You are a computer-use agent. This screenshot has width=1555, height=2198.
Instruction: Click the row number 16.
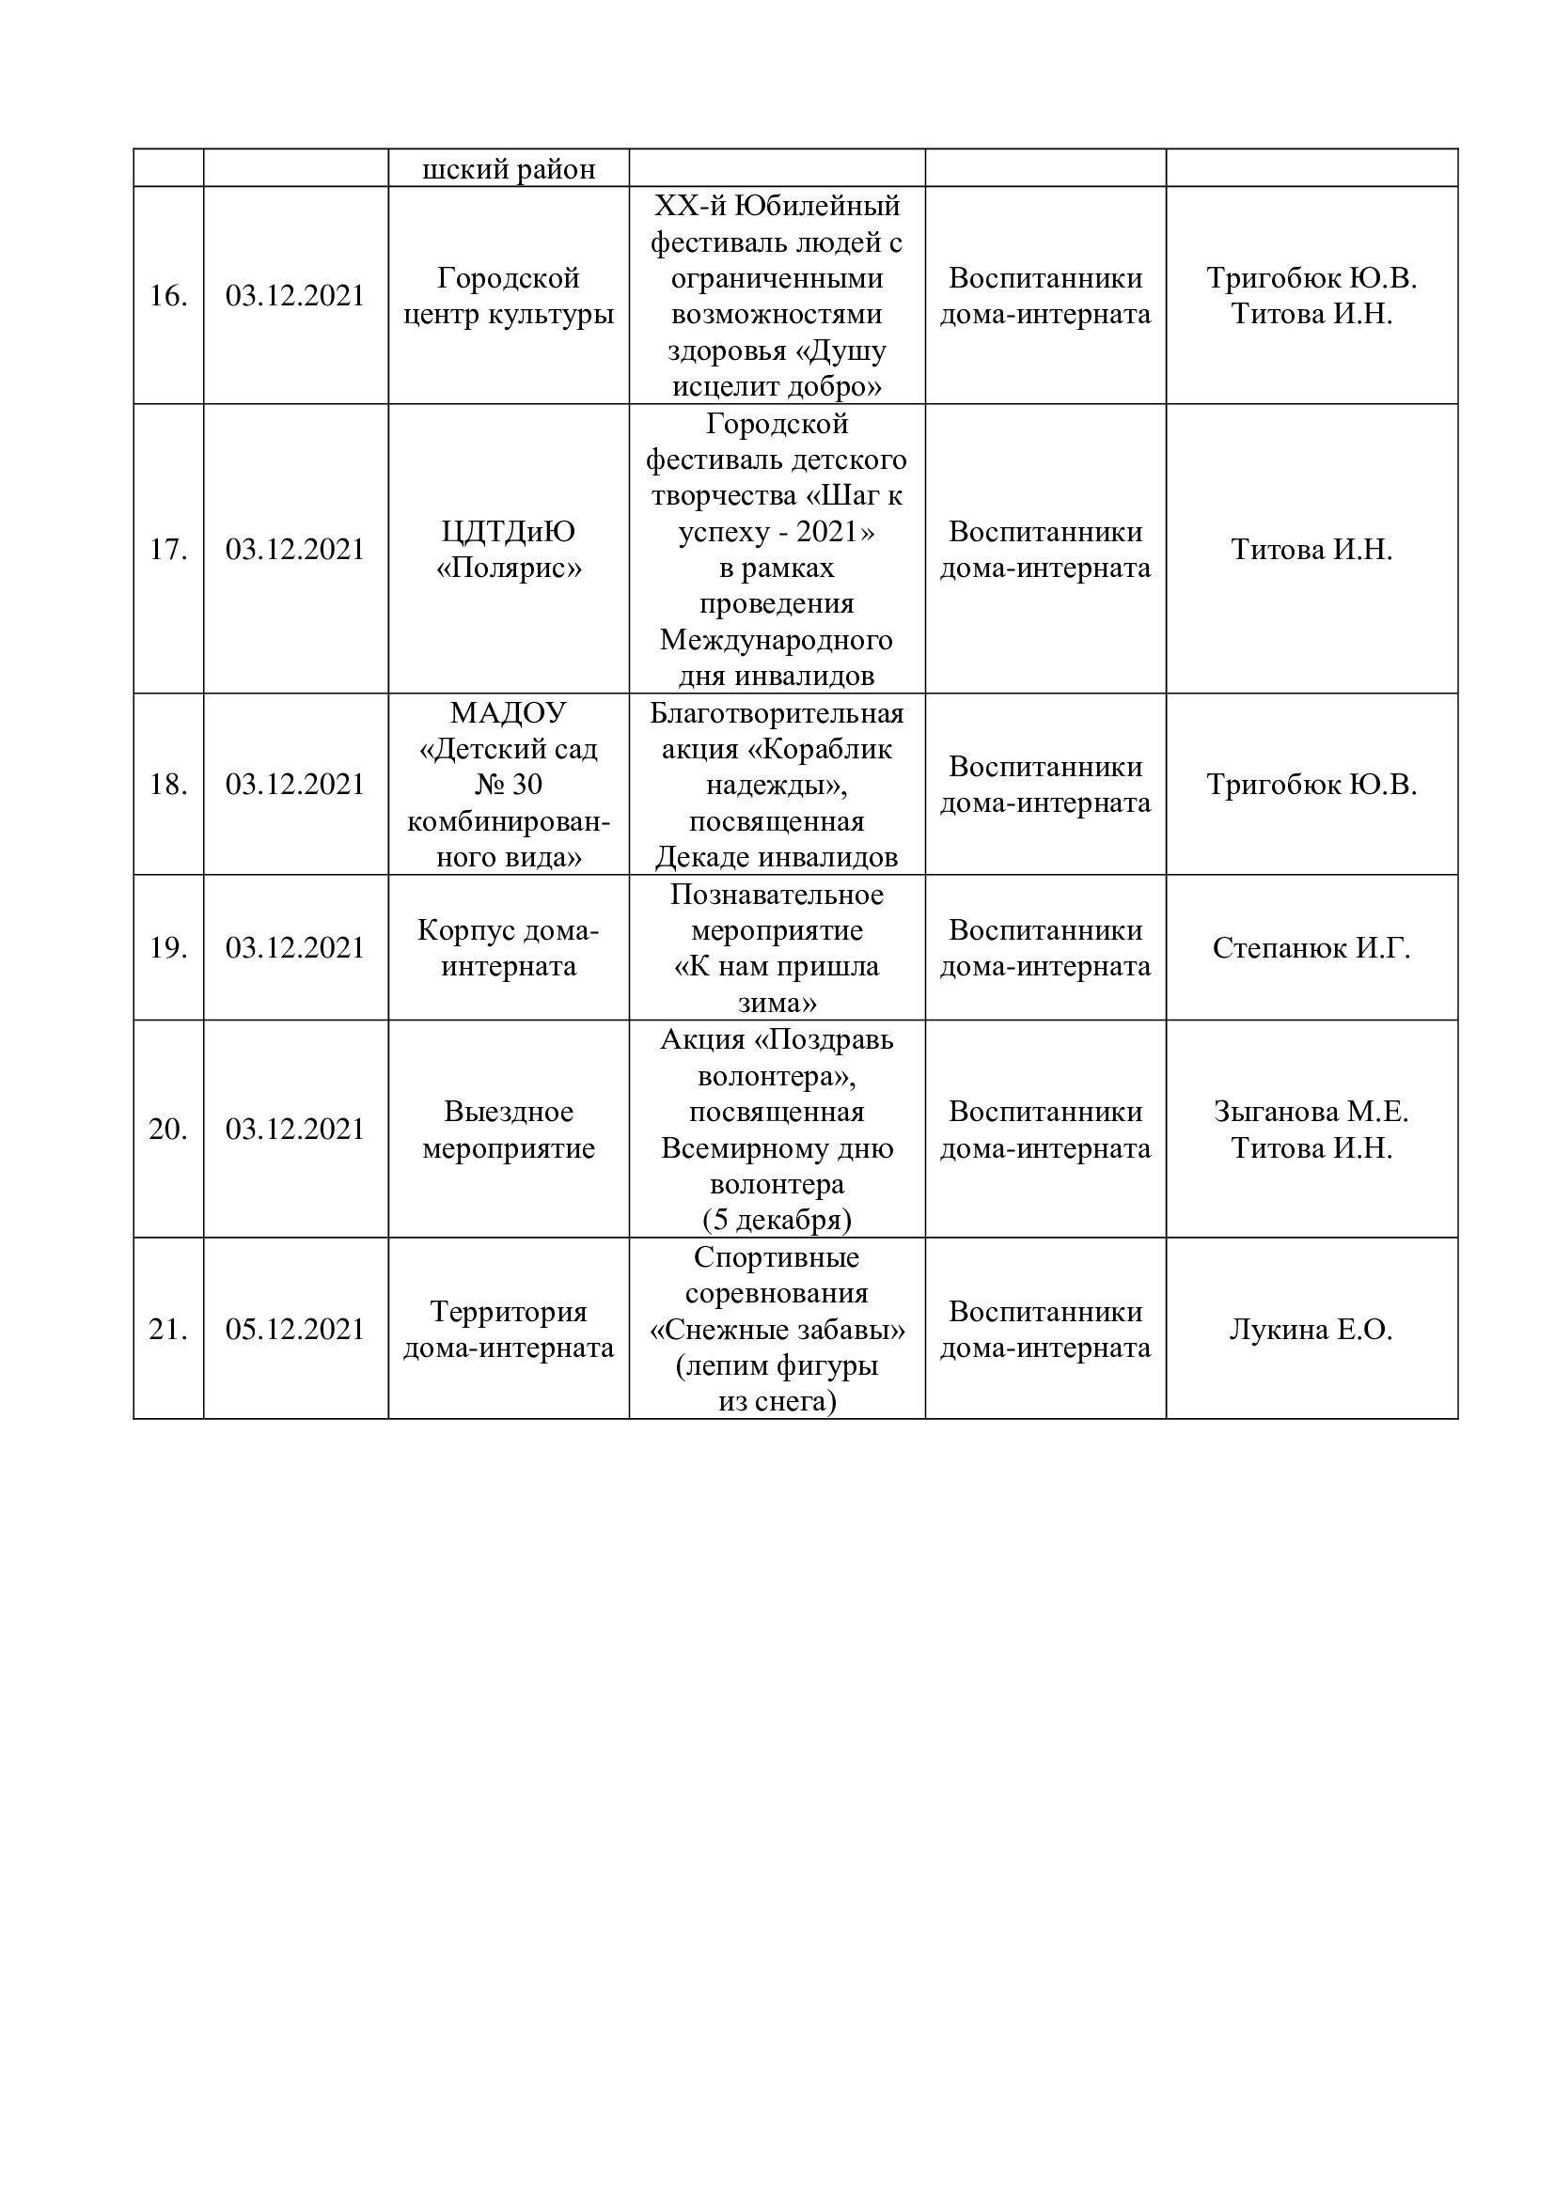click(x=167, y=296)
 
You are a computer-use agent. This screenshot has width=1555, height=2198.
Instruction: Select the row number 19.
click(x=167, y=948)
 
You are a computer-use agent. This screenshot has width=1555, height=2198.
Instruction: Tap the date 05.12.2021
click(x=295, y=1330)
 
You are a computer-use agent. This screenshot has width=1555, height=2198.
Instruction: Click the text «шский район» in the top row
click(x=509, y=169)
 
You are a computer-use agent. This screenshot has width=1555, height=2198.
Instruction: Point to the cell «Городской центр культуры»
click(x=509, y=296)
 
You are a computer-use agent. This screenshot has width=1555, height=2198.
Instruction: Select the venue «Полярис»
click(x=509, y=569)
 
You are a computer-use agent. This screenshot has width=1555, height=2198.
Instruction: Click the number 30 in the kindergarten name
click(x=526, y=785)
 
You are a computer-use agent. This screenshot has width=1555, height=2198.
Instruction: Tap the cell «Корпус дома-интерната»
click(x=509, y=948)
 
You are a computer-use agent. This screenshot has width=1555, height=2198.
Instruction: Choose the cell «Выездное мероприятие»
click(x=509, y=1130)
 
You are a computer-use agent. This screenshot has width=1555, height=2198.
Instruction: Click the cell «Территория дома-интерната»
click(x=509, y=1330)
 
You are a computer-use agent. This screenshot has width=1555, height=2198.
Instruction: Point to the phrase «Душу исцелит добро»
click(x=777, y=369)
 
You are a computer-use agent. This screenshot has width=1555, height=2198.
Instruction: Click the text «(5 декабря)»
click(x=777, y=1221)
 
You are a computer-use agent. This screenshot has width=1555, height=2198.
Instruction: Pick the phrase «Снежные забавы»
click(x=777, y=1330)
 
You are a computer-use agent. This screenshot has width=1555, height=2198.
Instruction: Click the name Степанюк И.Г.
click(x=1311, y=948)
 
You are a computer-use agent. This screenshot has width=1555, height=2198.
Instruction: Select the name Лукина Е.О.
click(x=1311, y=1330)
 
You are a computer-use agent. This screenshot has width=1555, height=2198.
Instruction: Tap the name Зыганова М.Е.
click(x=1311, y=1112)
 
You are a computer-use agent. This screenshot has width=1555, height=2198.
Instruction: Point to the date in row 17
click(x=295, y=550)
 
